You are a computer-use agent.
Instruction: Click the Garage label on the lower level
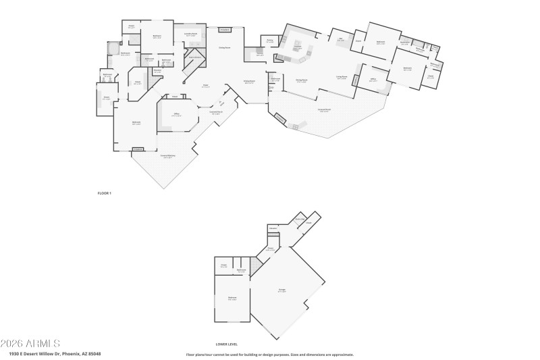pos(282,291)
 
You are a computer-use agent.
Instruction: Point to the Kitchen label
pos(297,48)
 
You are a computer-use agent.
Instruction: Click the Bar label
pos(341,40)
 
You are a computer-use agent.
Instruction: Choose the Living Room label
pos(342,78)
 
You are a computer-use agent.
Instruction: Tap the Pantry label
pos(269,41)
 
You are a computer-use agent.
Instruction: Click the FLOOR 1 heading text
pos(104,193)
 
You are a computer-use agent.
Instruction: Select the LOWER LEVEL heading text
pos(226,344)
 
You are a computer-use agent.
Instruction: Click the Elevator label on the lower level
pos(273,228)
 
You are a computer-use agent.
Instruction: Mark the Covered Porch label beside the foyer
pos(216,113)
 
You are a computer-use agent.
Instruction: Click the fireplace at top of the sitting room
pos(225,30)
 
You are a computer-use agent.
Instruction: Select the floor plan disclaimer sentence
pos(270,354)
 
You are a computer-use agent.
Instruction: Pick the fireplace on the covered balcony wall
pos(138,149)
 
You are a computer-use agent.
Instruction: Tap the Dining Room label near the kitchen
pos(301,80)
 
